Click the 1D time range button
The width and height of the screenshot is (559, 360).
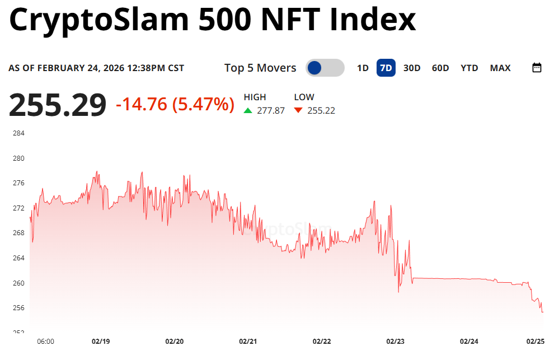tap(363, 68)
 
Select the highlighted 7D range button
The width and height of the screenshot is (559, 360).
tap(386, 68)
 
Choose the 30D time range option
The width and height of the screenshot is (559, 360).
tap(412, 68)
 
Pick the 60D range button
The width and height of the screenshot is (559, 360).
tap(440, 68)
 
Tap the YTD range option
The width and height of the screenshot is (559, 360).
tap(469, 68)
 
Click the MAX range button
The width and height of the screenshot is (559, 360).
tap(500, 68)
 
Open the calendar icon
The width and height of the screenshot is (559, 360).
tap(537, 68)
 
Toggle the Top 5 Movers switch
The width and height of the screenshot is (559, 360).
tap(325, 68)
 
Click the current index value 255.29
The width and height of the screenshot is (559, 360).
tap(57, 105)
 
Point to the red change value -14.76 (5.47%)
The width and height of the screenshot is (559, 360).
tap(175, 104)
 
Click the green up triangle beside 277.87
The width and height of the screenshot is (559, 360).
tap(248, 110)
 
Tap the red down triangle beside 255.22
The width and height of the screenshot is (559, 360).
tap(298, 110)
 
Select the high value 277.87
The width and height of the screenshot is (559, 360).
tap(271, 110)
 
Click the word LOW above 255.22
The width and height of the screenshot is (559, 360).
tap(304, 97)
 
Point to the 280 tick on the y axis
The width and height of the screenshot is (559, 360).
tap(18, 158)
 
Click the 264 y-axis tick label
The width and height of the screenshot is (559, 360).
tap(18, 258)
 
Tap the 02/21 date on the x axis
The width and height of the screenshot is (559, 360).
tap(248, 341)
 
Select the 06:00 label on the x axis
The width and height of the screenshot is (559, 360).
tap(45, 341)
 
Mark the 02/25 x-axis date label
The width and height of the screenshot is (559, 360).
tap(535, 341)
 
